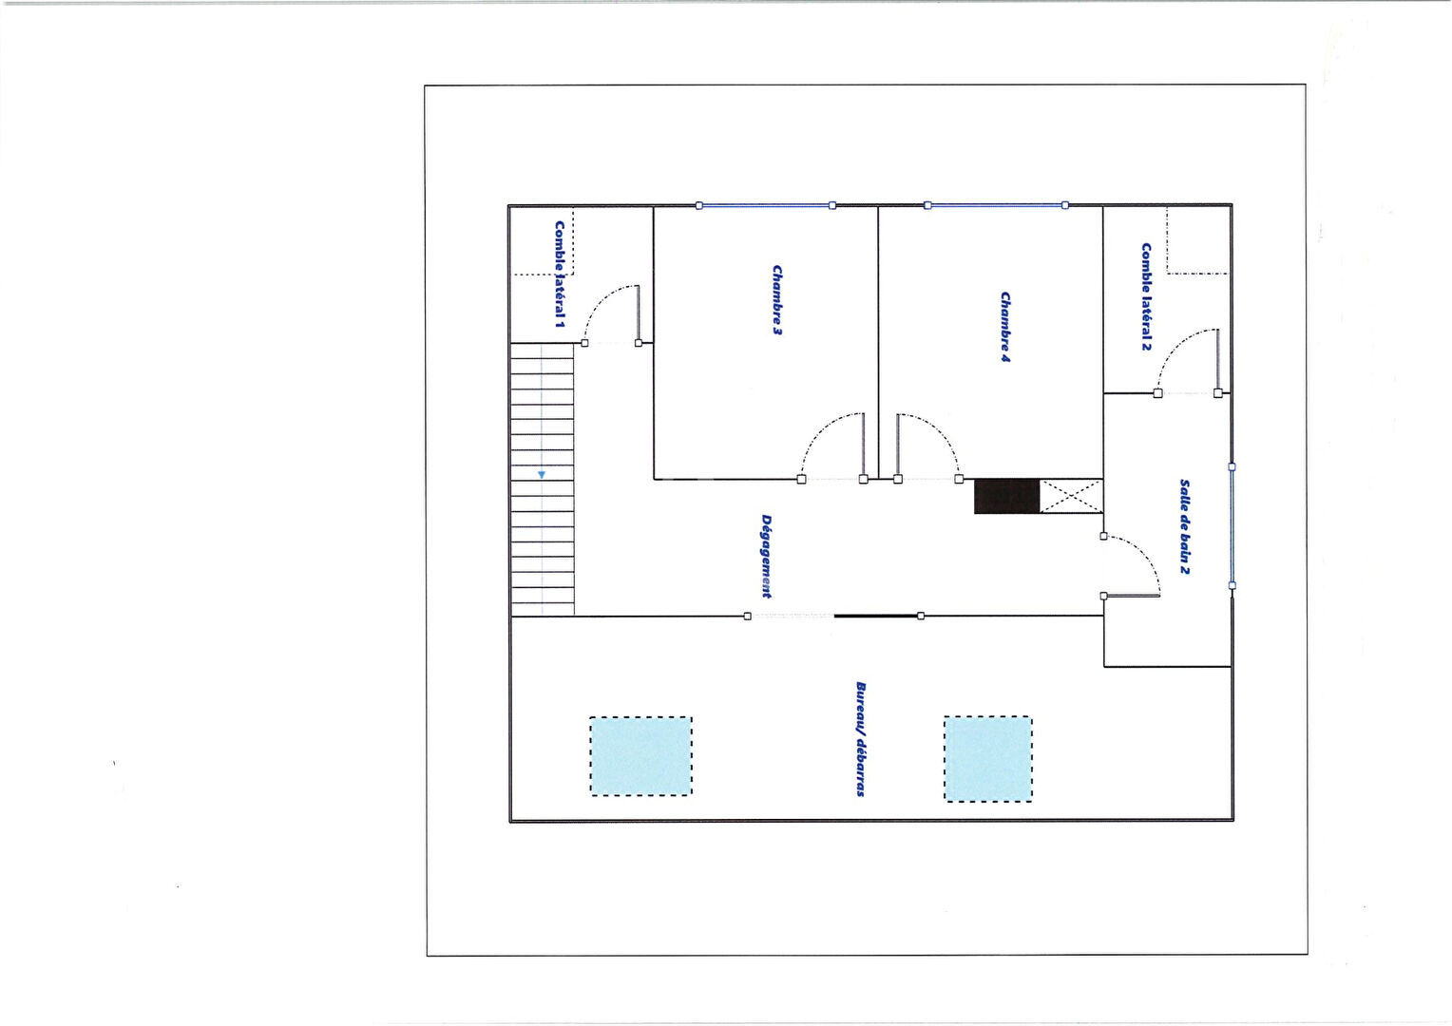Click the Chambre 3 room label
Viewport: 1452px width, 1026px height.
click(777, 299)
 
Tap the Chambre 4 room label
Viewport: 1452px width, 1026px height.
click(1005, 327)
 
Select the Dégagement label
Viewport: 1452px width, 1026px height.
click(766, 556)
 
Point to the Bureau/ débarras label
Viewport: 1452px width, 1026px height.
click(861, 739)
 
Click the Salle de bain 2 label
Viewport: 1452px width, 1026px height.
click(1184, 527)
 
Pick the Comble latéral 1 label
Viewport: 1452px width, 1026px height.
click(560, 275)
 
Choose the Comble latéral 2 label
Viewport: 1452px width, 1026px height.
click(1146, 296)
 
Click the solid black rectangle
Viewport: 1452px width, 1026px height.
click(1006, 497)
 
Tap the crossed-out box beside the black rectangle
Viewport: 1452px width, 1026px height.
click(1071, 497)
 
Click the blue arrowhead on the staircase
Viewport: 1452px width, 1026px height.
click(542, 475)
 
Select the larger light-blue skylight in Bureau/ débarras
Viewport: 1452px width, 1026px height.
click(640, 756)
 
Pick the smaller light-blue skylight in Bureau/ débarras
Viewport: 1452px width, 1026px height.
click(988, 759)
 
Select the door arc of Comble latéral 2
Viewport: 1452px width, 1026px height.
click(1174, 347)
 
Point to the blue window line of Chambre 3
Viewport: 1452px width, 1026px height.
click(766, 205)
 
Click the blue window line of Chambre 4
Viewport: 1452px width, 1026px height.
click(996, 205)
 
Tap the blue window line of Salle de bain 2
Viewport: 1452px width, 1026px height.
click(1232, 526)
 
